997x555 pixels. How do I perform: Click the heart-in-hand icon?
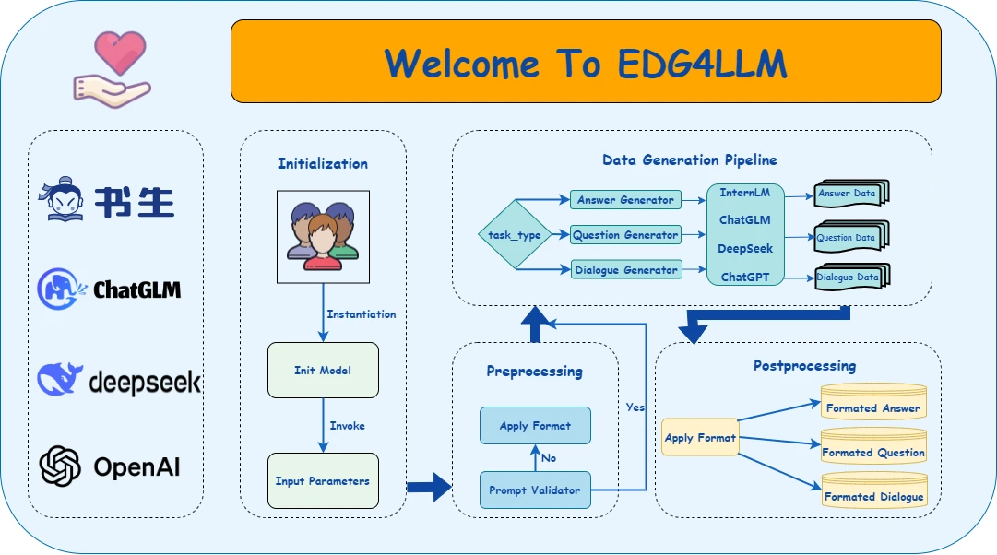tap(111, 66)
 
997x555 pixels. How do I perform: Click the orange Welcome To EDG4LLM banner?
tap(586, 62)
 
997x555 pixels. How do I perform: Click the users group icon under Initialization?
tap(323, 236)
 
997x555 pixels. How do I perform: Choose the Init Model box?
tap(323, 371)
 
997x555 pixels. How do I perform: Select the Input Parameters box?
tap(323, 480)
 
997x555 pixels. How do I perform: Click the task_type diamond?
tap(515, 235)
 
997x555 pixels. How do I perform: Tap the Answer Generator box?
tap(625, 200)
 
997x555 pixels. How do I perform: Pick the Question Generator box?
tap(625, 235)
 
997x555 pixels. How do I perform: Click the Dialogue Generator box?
tap(625, 270)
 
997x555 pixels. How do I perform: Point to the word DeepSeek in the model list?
tap(745, 249)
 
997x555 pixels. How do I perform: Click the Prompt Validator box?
tap(535, 490)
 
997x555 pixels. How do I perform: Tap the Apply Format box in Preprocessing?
tap(535, 426)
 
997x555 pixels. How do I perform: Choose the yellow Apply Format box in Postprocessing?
tap(700, 438)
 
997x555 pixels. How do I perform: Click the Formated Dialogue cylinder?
tap(873, 491)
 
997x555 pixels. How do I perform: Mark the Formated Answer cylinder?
tap(873, 403)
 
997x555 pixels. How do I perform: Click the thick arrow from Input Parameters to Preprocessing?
tap(429, 486)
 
